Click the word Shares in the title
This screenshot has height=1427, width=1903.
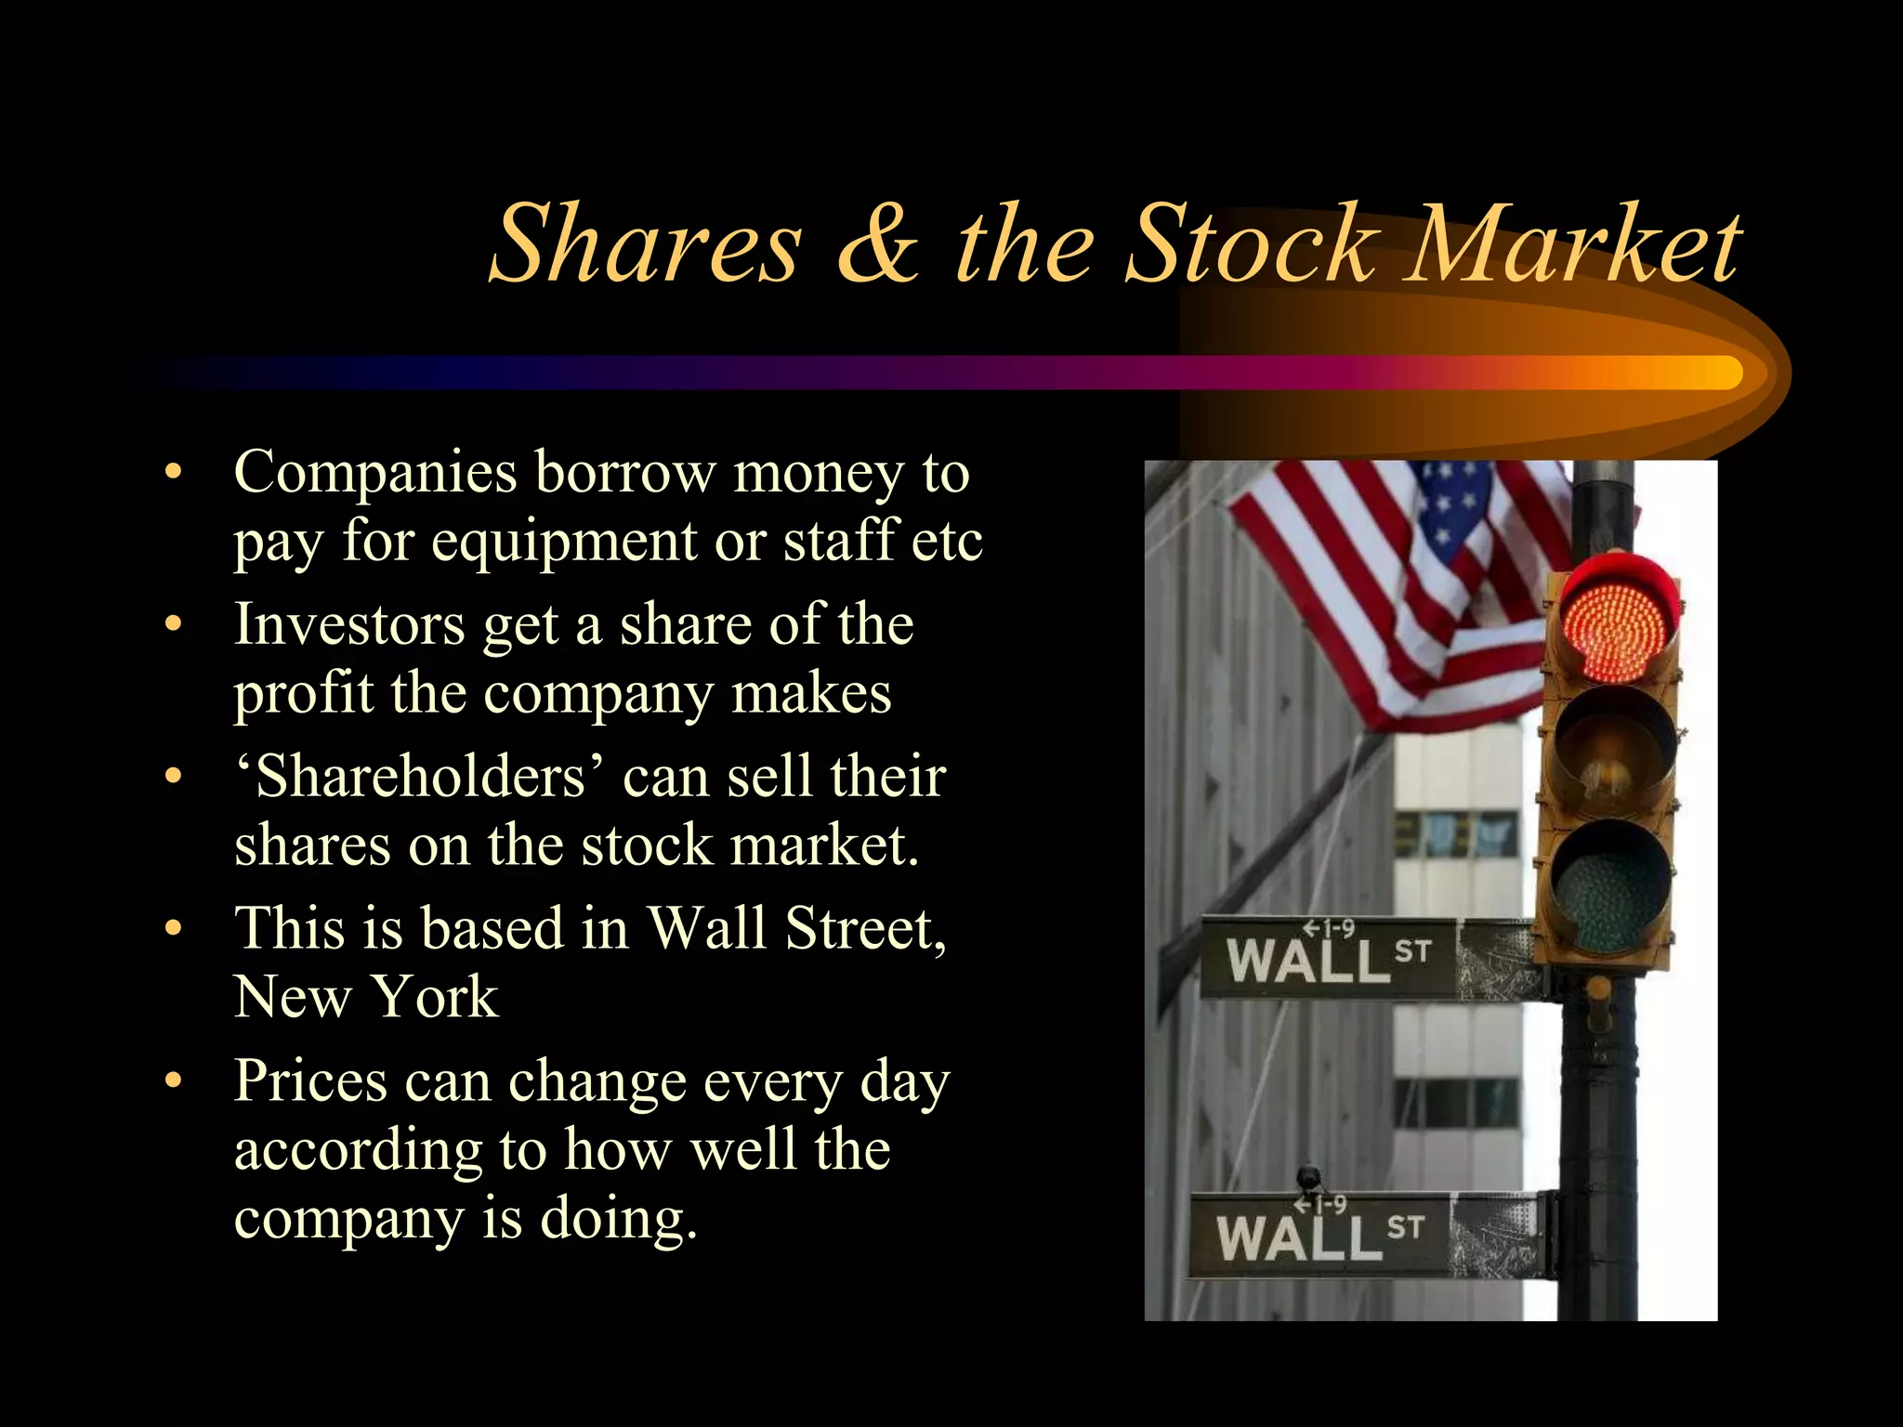point(645,244)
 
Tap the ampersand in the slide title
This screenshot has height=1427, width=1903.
point(878,244)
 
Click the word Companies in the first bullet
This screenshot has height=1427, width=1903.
point(375,472)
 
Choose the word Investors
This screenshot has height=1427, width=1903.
point(349,623)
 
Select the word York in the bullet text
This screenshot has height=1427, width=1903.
point(435,997)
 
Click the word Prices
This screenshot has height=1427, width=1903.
point(310,1080)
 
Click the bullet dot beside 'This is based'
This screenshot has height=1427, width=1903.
point(173,928)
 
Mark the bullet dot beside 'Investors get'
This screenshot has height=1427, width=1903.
point(173,624)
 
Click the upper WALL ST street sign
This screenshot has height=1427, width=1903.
point(1329,958)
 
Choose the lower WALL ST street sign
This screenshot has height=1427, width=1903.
point(1319,1235)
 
